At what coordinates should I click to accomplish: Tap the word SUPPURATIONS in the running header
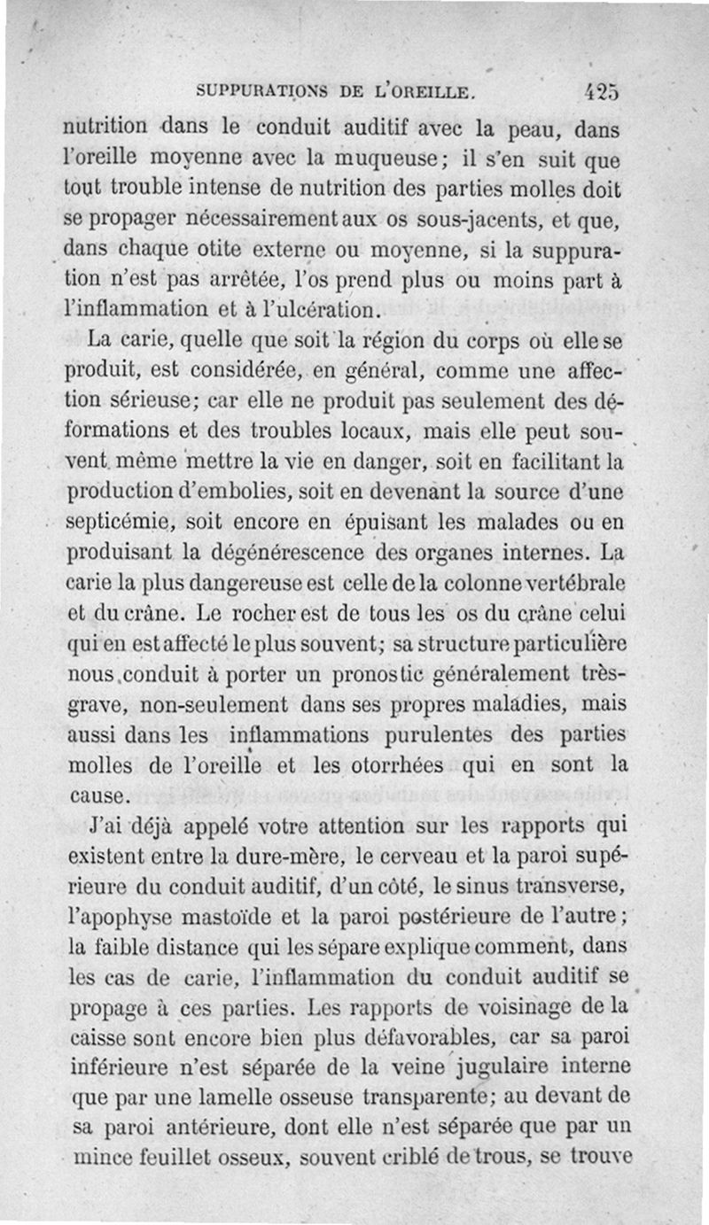(264, 91)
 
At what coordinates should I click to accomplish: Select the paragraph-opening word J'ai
(109, 827)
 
